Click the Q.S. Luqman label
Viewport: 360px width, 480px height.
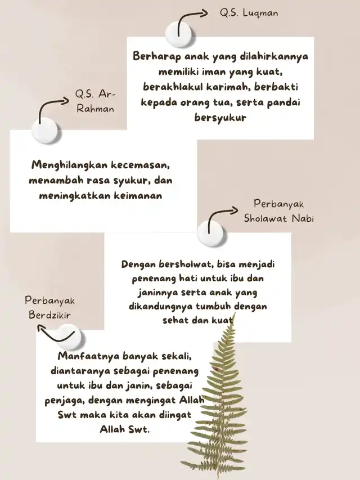pyautogui.click(x=249, y=13)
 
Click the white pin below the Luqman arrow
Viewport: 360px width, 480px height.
pyautogui.click(x=179, y=34)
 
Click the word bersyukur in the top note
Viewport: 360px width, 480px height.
pyautogui.click(x=220, y=118)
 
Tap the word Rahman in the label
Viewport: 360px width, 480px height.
pyautogui.click(x=95, y=109)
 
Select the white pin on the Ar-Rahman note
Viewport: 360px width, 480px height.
pyautogui.click(x=44, y=131)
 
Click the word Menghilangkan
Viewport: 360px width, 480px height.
pyautogui.click(x=70, y=165)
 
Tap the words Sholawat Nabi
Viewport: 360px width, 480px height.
pyautogui.click(x=279, y=218)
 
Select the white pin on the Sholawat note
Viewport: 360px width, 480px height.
pyautogui.click(x=210, y=234)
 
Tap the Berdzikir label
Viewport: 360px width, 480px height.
pyautogui.click(x=50, y=315)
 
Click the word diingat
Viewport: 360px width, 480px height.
pyautogui.click(x=175, y=415)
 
